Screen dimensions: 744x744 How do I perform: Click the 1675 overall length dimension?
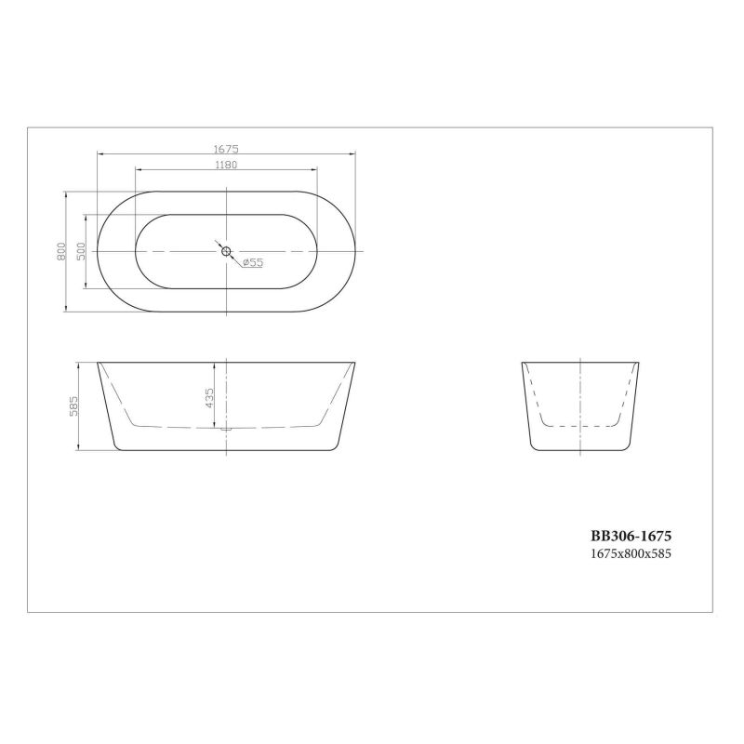(226, 149)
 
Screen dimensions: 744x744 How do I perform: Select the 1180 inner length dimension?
(226, 166)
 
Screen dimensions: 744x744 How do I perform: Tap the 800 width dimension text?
(60, 251)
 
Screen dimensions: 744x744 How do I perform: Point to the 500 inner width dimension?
(81, 251)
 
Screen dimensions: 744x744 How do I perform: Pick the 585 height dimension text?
(74, 406)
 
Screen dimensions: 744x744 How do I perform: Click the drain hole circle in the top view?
(226, 251)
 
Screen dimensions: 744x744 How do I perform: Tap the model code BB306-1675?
(631, 537)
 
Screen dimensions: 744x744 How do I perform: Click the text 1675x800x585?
(631, 552)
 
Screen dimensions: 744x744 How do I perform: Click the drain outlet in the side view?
(226, 429)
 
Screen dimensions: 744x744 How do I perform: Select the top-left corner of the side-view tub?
(97, 362)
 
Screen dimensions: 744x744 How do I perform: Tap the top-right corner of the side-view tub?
(356, 362)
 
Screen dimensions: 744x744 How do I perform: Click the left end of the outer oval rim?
(97, 251)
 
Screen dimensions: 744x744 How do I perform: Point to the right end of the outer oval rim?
(356, 251)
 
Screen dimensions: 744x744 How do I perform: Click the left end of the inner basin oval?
(137, 251)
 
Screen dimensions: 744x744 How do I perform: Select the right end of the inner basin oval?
(316, 251)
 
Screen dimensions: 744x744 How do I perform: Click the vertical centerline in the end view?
(581, 391)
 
